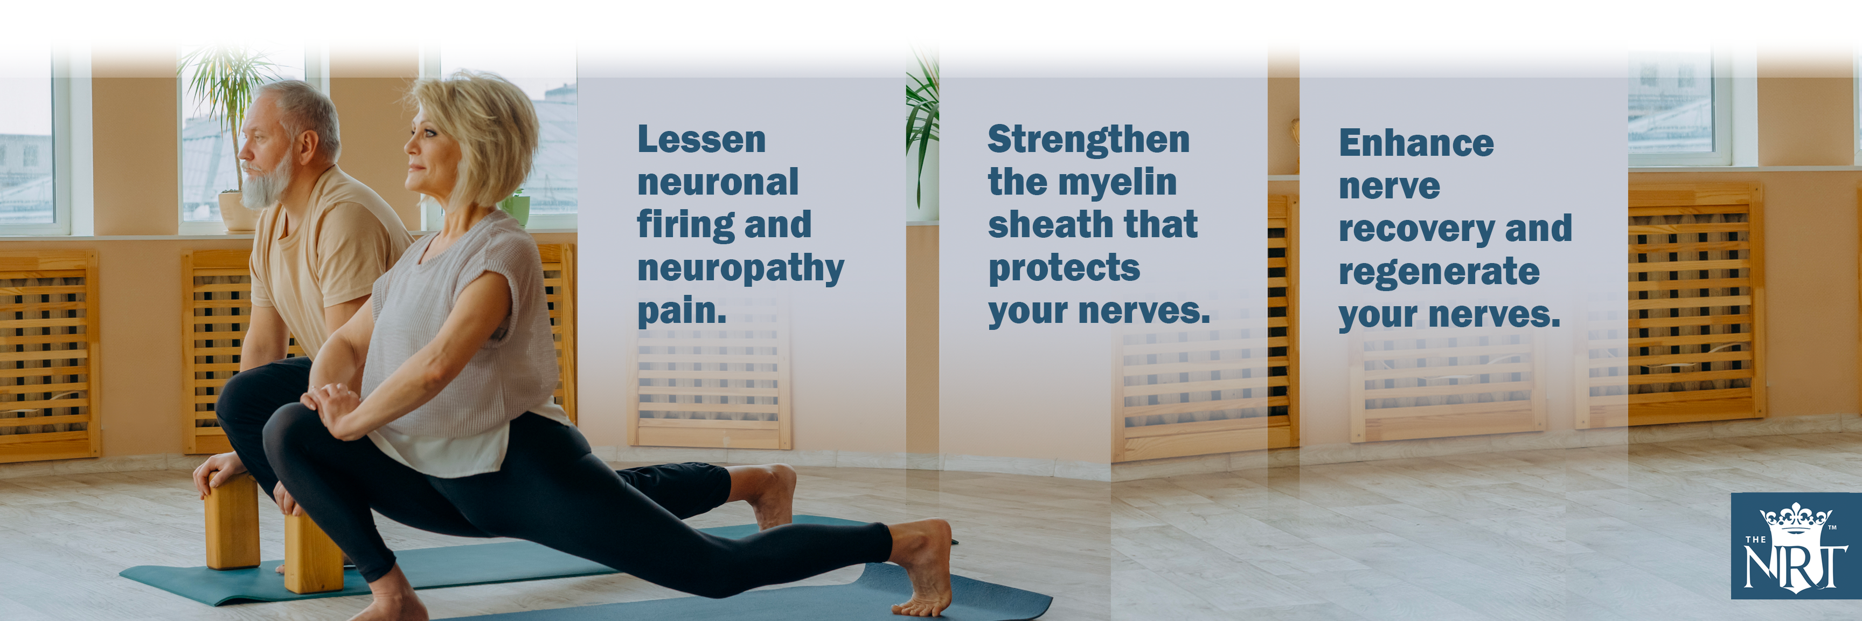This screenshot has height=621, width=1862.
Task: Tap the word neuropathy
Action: (740, 269)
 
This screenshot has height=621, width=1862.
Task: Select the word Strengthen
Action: (1088, 140)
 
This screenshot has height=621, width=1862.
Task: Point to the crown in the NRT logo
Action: (1796, 519)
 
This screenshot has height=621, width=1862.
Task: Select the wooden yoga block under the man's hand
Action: (232, 521)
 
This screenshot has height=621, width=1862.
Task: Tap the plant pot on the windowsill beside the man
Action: (239, 211)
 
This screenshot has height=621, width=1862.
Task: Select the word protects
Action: (1064, 269)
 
